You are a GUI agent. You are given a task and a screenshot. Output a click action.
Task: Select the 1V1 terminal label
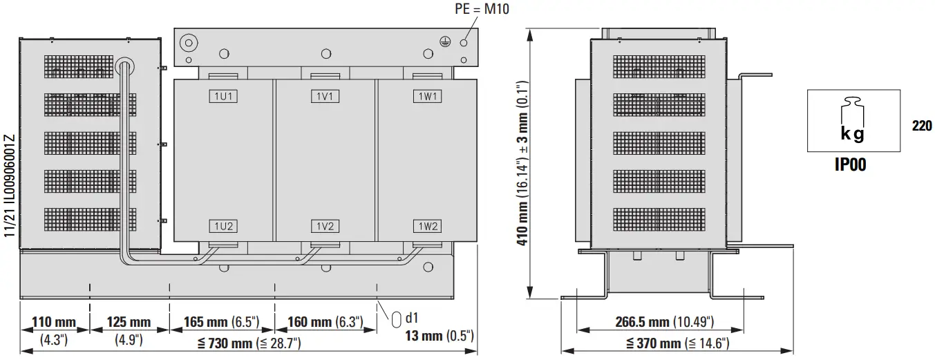click(324, 97)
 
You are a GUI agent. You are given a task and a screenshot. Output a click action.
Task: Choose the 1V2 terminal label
click(324, 226)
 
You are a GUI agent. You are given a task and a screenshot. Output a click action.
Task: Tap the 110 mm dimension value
click(54, 323)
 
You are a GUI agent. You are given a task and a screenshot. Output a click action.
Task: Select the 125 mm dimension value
click(129, 323)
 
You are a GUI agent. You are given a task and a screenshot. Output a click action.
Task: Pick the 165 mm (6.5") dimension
click(221, 323)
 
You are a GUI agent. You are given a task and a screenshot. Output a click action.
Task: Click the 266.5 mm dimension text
click(664, 322)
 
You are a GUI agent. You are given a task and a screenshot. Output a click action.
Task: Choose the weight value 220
click(922, 126)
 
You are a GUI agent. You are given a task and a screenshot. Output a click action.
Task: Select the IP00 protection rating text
click(853, 164)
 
